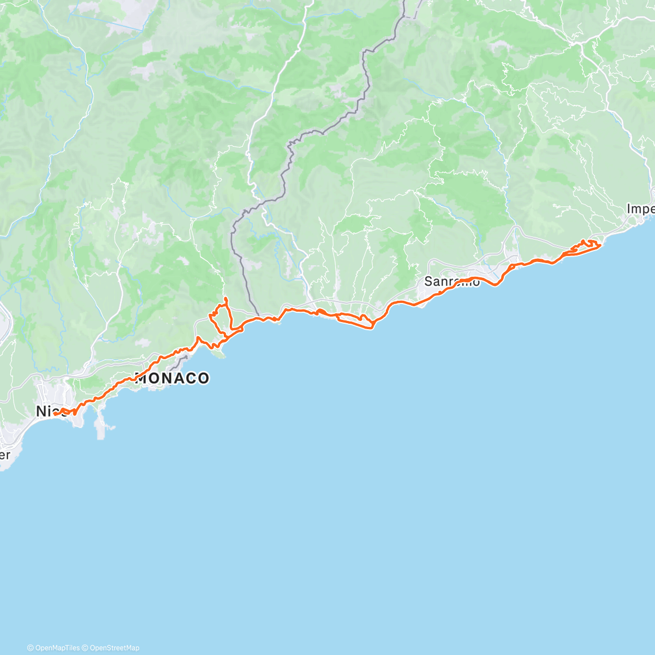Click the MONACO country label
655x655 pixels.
(x=172, y=378)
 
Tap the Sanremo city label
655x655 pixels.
(x=452, y=282)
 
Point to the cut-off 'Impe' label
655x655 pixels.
(x=640, y=209)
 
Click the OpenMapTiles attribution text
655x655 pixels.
(x=57, y=648)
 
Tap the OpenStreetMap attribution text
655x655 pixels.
(x=114, y=648)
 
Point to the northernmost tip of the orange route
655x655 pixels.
(x=225, y=298)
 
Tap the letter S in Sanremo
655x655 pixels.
(x=428, y=282)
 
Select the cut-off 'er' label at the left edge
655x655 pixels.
(x=4, y=454)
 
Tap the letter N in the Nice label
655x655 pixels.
(x=41, y=411)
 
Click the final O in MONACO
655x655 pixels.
(x=203, y=378)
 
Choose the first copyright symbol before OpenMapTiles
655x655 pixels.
(x=30, y=648)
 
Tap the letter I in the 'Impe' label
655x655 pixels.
(x=629, y=209)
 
